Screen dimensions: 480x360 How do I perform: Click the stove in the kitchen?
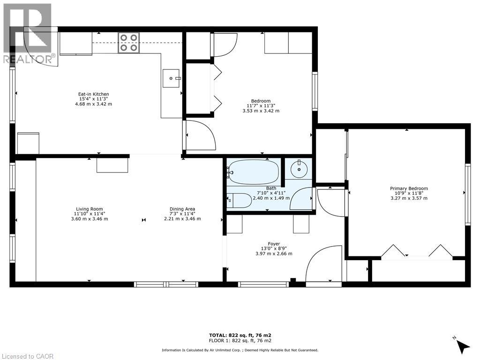pos(128,43)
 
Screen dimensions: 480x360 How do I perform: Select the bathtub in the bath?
pos(253,172)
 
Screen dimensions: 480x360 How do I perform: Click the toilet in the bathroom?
pos(239,201)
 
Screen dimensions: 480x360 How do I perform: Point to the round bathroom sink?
pos(299,169)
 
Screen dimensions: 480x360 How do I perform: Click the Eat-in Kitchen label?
pos(93,94)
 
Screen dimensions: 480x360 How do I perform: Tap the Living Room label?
pos(90,209)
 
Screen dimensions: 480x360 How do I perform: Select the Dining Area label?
pos(182,209)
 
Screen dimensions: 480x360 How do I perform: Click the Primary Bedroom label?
pos(409,188)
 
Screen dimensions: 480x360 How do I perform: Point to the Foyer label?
pos(274,244)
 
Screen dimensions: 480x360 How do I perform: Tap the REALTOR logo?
pos(30,34)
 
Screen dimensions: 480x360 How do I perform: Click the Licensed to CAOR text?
pos(27,356)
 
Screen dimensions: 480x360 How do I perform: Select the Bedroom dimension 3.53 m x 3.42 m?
pos(261,111)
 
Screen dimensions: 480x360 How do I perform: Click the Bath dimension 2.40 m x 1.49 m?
pos(271,198)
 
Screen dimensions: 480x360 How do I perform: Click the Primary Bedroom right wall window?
pos(468,195)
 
